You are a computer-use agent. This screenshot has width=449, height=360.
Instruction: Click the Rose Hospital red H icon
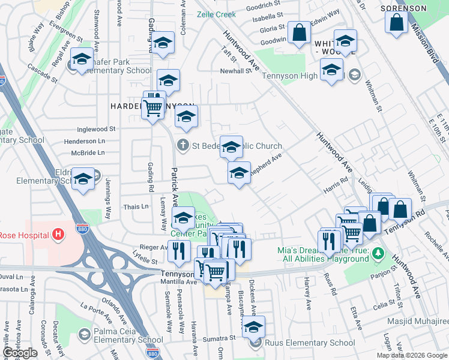tap(58, 233)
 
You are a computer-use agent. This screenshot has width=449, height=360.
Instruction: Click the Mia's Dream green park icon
tap(378, 254)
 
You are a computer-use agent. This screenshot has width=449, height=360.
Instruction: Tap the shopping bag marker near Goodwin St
tap(298, 34)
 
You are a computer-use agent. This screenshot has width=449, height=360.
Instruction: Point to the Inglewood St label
tap(96, 129)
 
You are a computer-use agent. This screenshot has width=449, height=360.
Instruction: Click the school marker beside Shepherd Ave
tap(239, 173)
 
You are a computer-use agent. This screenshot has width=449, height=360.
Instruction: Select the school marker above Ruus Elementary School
tap(254, 328)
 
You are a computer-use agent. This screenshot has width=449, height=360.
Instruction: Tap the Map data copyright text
tap(412, 355)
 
